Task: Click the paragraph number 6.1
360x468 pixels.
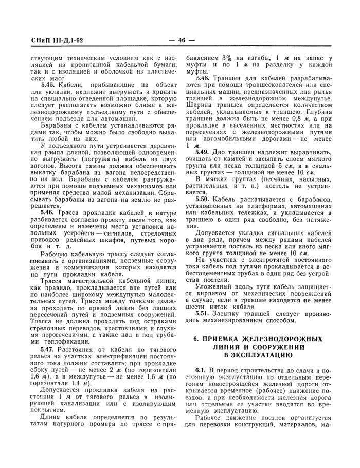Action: (201, 370)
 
